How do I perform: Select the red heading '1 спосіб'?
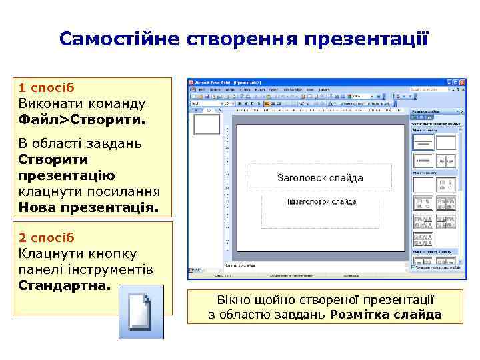(x=47, y=87)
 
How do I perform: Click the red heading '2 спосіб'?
(x=47, y=237)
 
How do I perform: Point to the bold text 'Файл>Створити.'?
(x=82, y=121)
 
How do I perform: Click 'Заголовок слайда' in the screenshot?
(x=320, y=178)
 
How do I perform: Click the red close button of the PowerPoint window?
(x=460, y=81)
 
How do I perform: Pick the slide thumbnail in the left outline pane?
(x=207, y=125)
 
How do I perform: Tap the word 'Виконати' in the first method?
(x=51, y=104)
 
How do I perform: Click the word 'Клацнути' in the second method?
(x=50, y=253)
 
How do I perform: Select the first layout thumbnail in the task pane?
(x=423, y=141)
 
